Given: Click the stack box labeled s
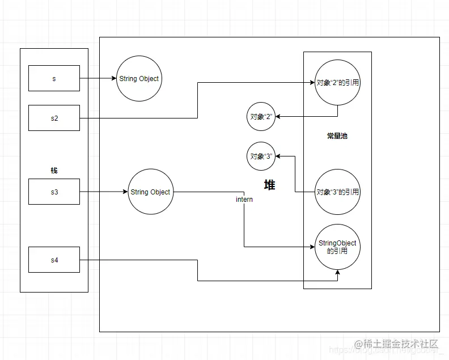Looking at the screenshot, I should (x=54, y=78).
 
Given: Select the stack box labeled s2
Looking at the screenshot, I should (x=54, y=118).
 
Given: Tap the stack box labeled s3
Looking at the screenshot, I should (x=54, y=192).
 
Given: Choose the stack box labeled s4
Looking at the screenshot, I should (x=54, y=260).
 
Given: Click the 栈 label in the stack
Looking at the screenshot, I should (x=54, y=170).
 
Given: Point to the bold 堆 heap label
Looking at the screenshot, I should (x=270, y=185).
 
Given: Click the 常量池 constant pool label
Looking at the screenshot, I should (x=337, y=136).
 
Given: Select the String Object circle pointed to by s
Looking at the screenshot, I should (x=138, y=79).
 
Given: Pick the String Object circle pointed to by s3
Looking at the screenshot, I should (x=150, y=192).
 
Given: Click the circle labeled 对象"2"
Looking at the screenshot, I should (x=261, y=117).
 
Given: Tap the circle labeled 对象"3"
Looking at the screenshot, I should (x=261, y=155).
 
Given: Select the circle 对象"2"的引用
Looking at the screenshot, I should (x=338, y=83).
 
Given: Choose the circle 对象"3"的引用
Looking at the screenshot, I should (x=338, y=192).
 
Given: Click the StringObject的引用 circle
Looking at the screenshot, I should (x=338, y=247).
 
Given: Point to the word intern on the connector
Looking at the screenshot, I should (x=244, y=200).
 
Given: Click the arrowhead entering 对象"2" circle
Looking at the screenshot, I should (x=278, y=117).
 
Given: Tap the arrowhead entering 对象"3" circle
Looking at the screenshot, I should (x=278, y=155).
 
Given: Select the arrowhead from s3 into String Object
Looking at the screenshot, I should (x=124, y=192).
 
